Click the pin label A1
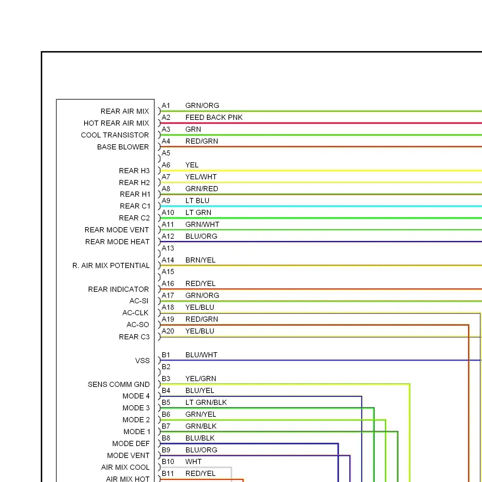coord(166,106)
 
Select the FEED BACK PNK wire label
coord(214,118)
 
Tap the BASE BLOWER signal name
coord(123,147)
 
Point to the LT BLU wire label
coord(197,201)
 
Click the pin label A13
coord(168,248)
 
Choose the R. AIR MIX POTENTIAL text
coord(111,266)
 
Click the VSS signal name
coord(142,361)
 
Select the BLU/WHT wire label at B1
coord(201,355)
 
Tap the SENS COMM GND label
coord(119,385)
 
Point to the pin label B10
coord(168,462)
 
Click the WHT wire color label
coord(193,462)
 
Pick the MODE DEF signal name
coord(131,444)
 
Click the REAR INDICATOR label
coord(119,290)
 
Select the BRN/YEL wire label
coord(201,260)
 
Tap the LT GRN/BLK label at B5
coord(206,403)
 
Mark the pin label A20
coord(168,331)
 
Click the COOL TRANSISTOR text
coord(115,135)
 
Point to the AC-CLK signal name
coord(136,313)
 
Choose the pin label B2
coord(166,367)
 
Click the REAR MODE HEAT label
coord(117,242)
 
